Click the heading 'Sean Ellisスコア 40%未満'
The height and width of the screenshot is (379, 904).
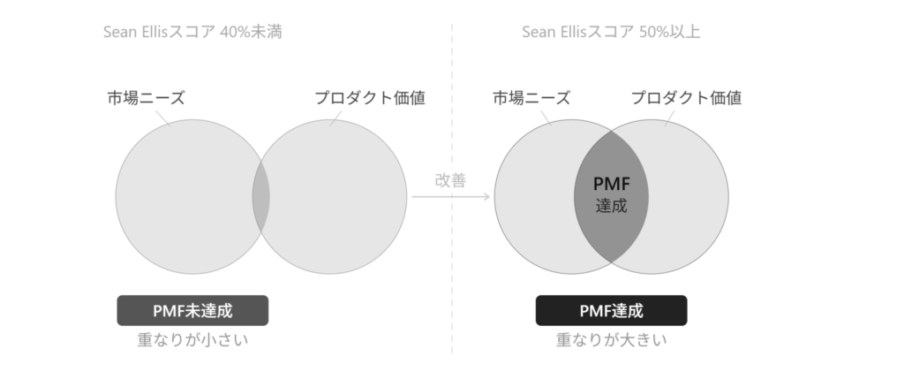tap(192, 32)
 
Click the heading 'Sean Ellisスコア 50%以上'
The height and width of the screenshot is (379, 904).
tap(611, 32)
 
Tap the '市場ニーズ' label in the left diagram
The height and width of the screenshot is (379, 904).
tap(146, 98)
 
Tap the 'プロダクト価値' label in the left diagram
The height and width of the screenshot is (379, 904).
tap(370, 98)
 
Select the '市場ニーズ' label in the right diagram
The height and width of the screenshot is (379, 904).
tap(531, 98)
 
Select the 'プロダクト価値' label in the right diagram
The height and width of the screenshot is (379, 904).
tap(686, 98)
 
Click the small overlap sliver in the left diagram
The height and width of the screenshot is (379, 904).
tap(261, 197)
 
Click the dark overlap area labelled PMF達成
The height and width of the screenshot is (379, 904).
tap(611, 197)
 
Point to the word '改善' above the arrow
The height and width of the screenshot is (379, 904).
tap(450, 180)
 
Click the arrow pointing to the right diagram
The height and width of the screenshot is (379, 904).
tap(451, 197)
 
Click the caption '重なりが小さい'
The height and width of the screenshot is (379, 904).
tap(192, 340)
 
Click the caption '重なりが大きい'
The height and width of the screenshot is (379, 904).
tap(611, 340)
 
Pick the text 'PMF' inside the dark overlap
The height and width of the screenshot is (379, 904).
tap(611, 184)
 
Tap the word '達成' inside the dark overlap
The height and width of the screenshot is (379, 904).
tap(611, 206)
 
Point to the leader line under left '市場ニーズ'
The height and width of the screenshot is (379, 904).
tap(163, 117)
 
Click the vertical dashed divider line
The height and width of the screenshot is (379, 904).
tap(452, 189)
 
